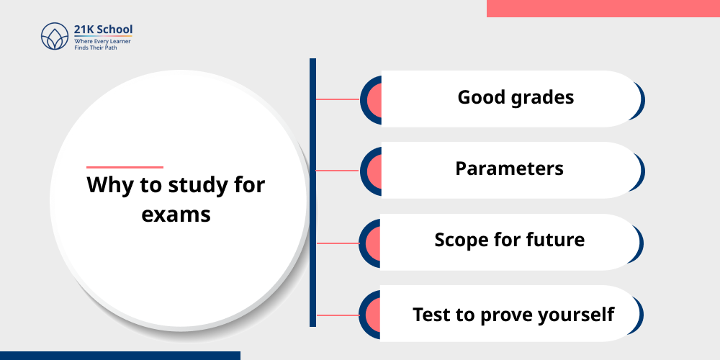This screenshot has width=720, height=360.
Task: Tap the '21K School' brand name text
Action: (103, 30)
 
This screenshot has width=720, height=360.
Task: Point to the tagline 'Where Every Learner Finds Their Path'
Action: (102, 45)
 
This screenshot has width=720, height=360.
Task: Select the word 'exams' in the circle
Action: (176, 214)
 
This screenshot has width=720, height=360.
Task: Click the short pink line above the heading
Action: (125, 167)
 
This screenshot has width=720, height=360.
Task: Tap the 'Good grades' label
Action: (516, 97)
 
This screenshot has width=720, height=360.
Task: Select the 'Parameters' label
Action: (509, 168)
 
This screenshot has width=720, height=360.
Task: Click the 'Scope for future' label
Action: (509, 240)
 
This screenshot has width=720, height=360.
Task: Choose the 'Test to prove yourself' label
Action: (513, 315)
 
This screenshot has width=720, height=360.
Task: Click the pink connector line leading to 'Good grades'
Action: (338, 99)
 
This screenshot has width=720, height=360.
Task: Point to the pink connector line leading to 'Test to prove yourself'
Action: (338, 315)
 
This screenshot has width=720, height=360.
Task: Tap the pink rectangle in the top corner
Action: (603, 8)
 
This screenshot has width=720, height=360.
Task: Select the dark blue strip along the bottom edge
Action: (120, 355)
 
